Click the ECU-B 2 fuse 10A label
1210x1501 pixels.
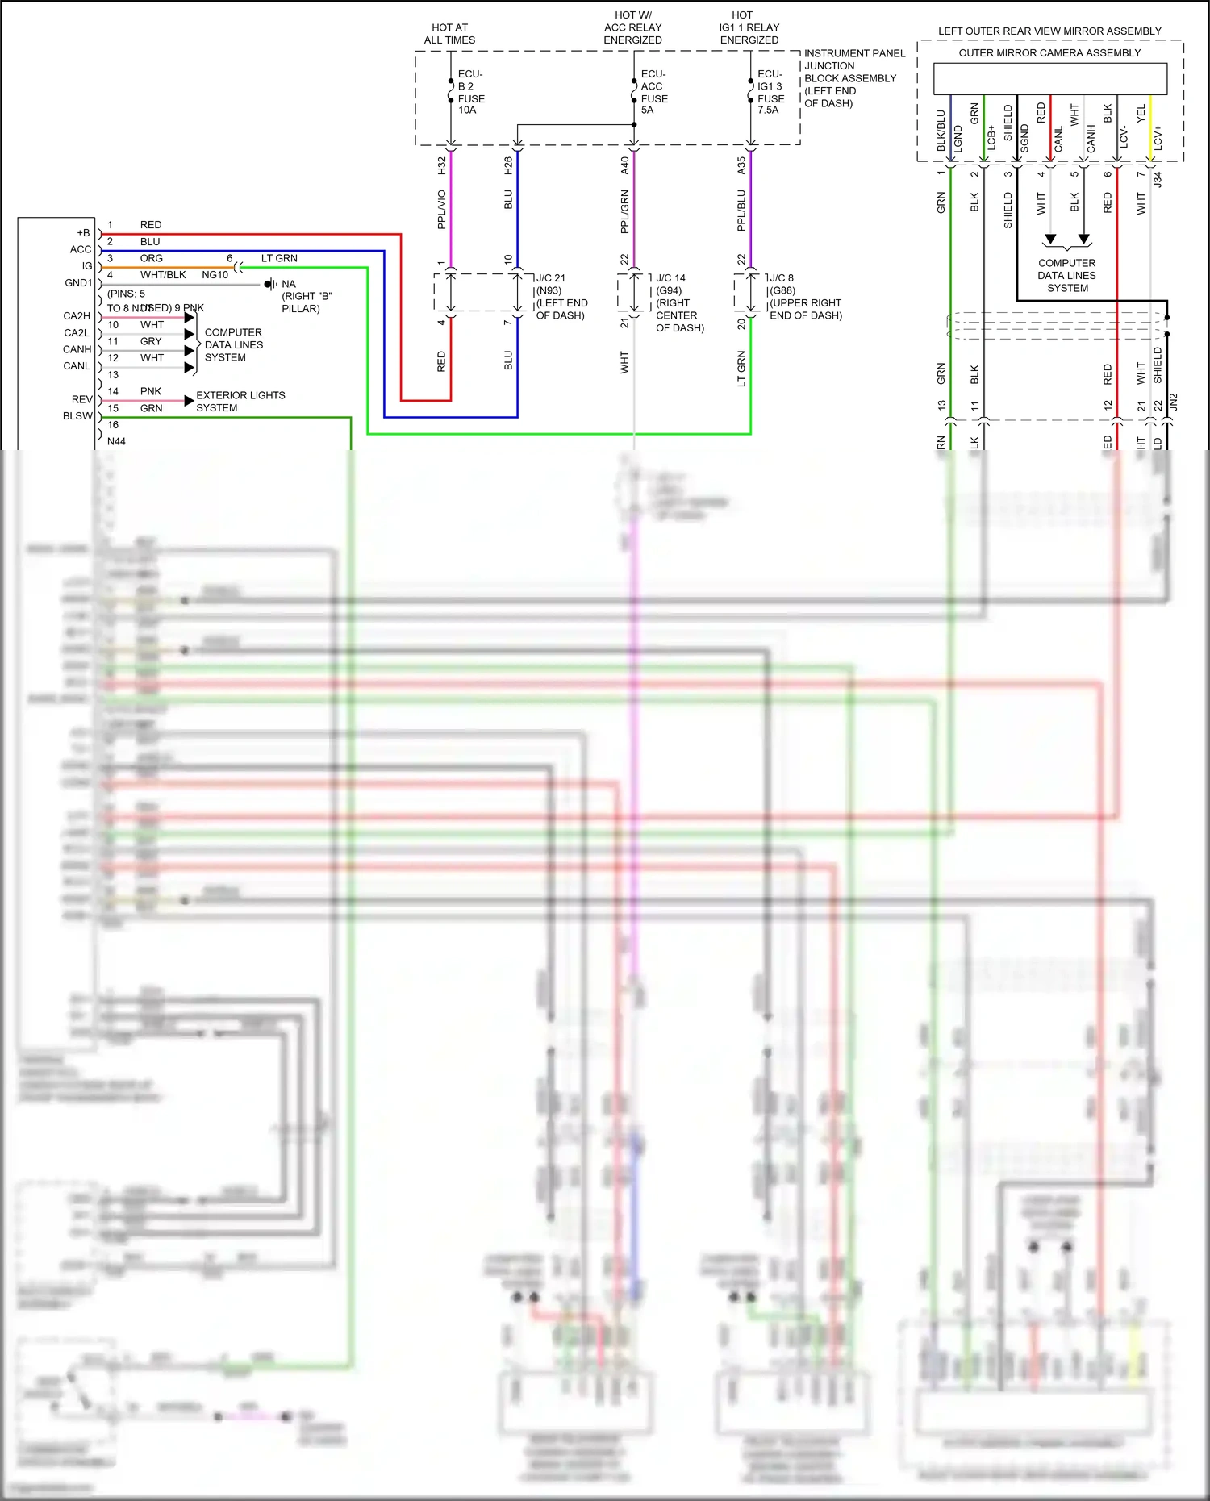pyautogui.click(x=470, y=92)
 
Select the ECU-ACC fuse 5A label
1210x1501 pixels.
pyautogui.click(x=653, y=92)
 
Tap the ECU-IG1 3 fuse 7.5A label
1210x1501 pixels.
pyautogui.click(x=770, y=92)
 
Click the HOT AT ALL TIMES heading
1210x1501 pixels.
pyautogui.click(x=449, y=34)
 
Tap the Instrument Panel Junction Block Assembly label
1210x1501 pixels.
pyautogui.click(x=853, y=78)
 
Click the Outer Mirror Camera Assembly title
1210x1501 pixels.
pyautogui.click(x=1049, y=53)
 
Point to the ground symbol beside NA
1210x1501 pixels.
pyautogui.click(x=269, y=284)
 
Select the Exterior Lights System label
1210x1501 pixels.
pyautogui.click(x=240, y=402)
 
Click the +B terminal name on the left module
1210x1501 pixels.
pyautogui.click(x=83, y=233)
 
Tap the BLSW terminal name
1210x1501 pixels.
pyautogui.click(x=77, y=416)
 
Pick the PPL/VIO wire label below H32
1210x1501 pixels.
pyautogui.click(x=441, y=210)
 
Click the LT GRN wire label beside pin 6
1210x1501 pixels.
pyautogui.click(x=279, y=258)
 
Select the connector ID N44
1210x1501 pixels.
pyautogui.click(x=116, y=441)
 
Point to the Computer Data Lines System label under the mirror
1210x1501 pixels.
pyautogui.click(x=1066, y=275)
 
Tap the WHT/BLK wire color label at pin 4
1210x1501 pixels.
pyautogui.click(x=163, y=275)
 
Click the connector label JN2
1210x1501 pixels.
pyautogui.click(x=1174, y=402)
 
